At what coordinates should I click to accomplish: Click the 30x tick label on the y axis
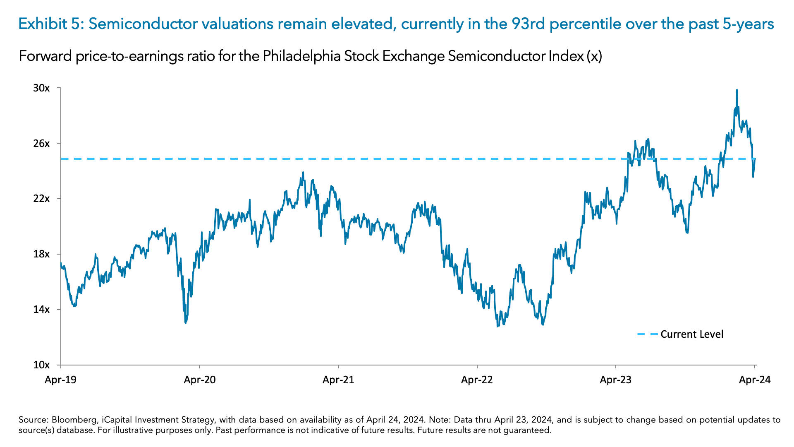pos(41,88)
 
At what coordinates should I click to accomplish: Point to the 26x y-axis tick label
pos(41,144)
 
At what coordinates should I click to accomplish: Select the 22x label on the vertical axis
pos(41,199)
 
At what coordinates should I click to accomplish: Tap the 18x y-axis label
pos(41,254)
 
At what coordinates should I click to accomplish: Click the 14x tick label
pos(41,310)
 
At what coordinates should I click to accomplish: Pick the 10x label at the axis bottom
pos(41,365)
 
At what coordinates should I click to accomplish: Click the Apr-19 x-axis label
pos(61,380)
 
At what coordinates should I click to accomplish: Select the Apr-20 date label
pos(200,380)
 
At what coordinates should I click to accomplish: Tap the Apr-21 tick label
pos(338,380)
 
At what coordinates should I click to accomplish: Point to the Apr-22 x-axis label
pos(477,380)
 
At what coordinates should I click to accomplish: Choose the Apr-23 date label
pos(616,380)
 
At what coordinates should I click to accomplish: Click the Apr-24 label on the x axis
pos(755,380)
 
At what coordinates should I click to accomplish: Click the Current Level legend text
pos(692,334)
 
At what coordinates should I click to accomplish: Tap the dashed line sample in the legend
pos(647,334)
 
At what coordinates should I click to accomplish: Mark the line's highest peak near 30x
pos(737,90)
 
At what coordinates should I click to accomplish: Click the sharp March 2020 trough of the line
pos(186,322)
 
